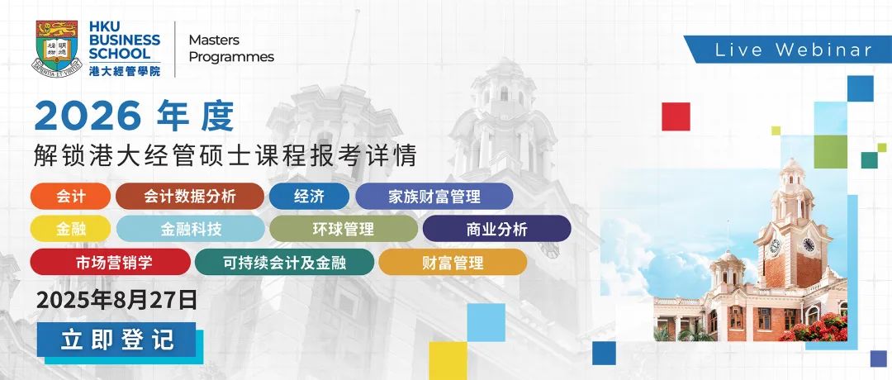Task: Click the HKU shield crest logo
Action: click(57, 49)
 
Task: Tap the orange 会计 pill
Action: click(70, 197)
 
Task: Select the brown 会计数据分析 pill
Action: click(190, 197)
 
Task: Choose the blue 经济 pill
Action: click(309, 197)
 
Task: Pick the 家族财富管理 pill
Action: click(434, 197)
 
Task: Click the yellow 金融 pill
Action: click(70, 229)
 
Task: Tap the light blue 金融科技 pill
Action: click(191, 229)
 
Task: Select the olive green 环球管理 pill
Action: click(344, 229)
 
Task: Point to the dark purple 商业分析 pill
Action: click(496, 229)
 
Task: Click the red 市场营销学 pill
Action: click(111, 262)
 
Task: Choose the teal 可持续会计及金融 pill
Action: click(284, 262)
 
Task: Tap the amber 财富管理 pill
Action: click(453, 262)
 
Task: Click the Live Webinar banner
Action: click(787, 50)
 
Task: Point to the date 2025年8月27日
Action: click(116, 300)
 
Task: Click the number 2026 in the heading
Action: click(87, 116)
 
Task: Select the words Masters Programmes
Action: click(231, 49)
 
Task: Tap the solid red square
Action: click(676, 116)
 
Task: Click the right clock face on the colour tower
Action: click(809, 245)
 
